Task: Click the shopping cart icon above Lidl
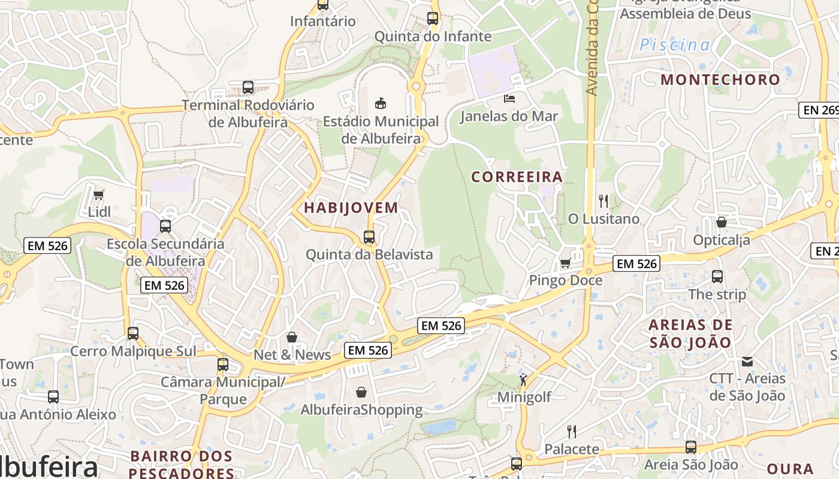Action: click(x=99, y=195)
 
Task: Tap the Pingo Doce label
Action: click(x=565, y=280)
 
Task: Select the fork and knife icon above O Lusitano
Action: click(x=603, y=201)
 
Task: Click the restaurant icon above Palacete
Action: click(x=572, y=431)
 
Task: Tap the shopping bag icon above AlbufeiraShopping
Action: click(x=361, y=392)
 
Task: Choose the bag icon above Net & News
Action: click(x=292, y=337)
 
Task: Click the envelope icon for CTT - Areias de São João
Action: click(x=747, y=361)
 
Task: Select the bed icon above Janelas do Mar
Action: click(x=509, y=98)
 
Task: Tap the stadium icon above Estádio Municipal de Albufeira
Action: click(x=381, y=103)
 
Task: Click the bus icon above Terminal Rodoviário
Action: click(x=248, y=87)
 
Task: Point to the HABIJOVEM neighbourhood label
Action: click(x=351, y=208)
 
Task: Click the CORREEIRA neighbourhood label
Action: click(x=517, y=177)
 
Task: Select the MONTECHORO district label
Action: click(x=720, y=79)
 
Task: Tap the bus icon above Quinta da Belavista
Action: click(x=369, y=237)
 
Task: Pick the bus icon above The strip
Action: click(x=717, y=277)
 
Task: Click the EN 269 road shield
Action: click(x=818, y=110)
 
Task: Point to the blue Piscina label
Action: click(x=675, y=45)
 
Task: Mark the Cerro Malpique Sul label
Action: click(x=133, y=351)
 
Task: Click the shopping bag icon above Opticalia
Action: click(x=722, y=222)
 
